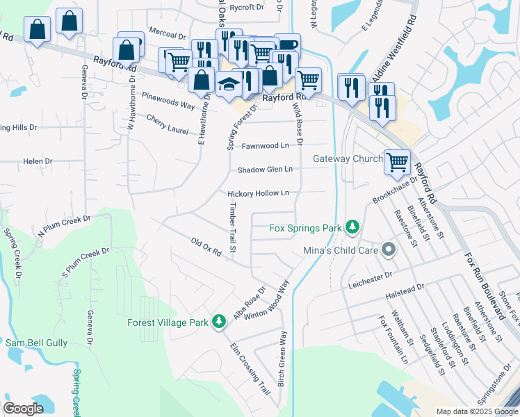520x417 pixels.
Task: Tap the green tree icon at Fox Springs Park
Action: (x=353, y=227)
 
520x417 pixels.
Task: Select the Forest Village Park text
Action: (x=168, y=322)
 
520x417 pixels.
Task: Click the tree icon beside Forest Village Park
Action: (x=219, y=321)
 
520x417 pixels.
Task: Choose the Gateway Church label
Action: (x=348, y=158)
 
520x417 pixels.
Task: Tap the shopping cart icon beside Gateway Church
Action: (x=397, y=162)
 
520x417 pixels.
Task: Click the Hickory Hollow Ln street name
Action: (x=258, y=193)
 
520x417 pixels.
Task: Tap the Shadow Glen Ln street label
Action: (x=265, y=170)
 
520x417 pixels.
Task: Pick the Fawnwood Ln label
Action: (x=265, y=146)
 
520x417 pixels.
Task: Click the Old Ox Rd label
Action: (x=206, y=247)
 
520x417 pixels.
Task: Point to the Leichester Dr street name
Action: (x=374, y=277)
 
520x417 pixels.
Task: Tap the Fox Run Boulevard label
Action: (x=486, y=279)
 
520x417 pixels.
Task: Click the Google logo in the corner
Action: (x=24, y=409)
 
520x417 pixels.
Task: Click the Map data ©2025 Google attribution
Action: (x=476, y=411)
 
